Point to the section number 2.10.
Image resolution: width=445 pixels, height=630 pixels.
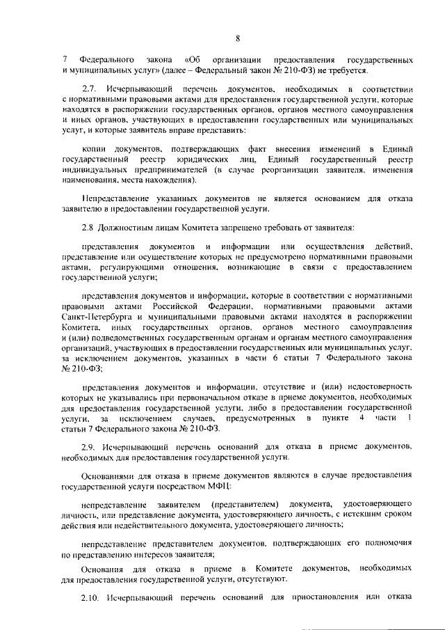(x=91, y=597)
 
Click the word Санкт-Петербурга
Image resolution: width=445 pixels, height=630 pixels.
(x=95, y=315)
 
